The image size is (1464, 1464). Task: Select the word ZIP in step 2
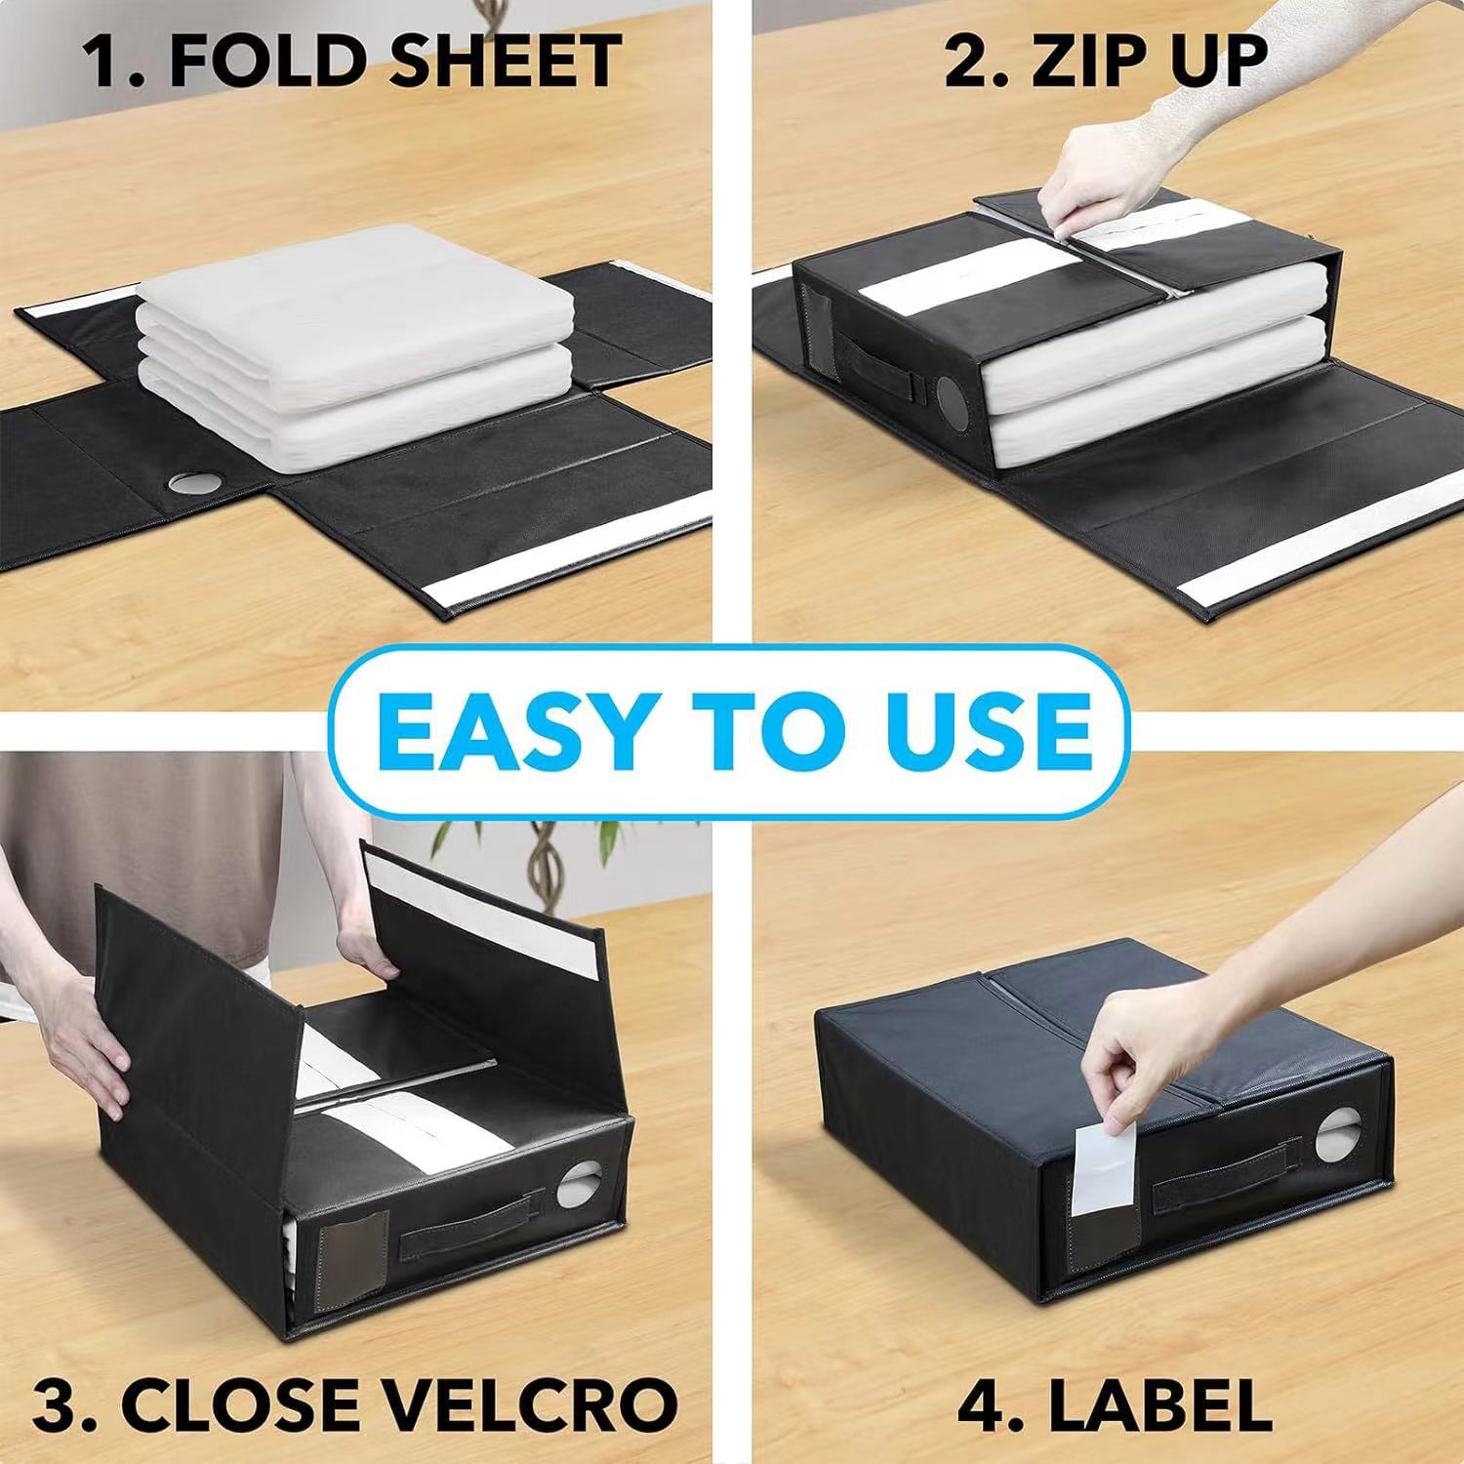click(x=1082, y=61)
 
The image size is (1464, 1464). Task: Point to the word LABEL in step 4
click(x=1159, y=1404)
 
